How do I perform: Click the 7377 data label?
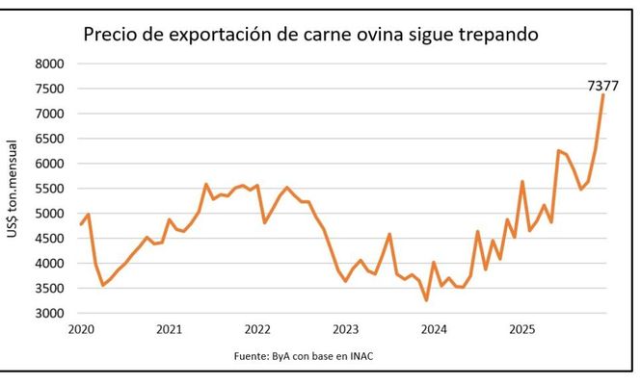click(602, 87)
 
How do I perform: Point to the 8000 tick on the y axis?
click(49, 64)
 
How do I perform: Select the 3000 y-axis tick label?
click(49, 314)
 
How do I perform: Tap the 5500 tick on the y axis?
click(49, 189)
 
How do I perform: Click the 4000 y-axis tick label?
click(49, 264)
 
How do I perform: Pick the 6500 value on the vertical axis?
click(49, 139)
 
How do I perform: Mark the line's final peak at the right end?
click(603, 95)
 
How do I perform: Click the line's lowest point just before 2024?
click(426, 300)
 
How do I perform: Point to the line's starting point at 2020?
click(81, 224)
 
